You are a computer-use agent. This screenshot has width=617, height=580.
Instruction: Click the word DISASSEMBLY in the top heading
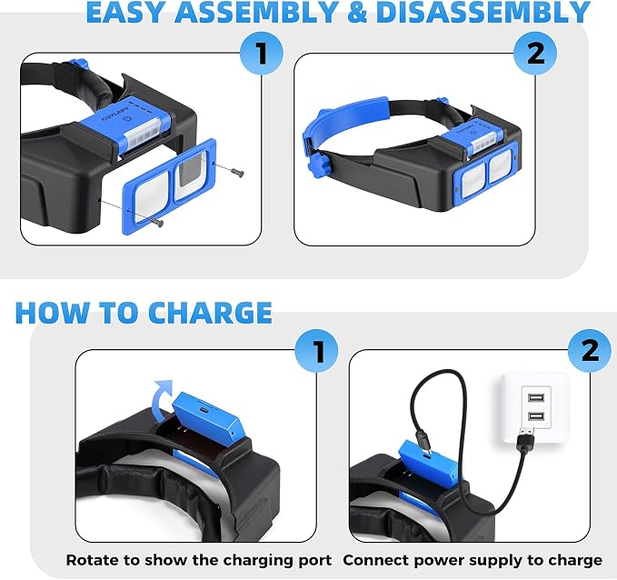(483, 12)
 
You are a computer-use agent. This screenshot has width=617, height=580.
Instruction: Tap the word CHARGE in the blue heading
(210, 313)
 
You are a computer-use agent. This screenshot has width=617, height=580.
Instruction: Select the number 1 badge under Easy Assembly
(262, 54)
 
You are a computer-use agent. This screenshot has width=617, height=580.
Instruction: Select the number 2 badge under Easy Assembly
(535, 54)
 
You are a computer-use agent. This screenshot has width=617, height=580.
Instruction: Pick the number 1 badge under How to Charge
(317, 351)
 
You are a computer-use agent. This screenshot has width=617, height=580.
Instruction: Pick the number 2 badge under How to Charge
(590, 351)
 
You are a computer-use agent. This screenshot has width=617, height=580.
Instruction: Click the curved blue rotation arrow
(162, 394)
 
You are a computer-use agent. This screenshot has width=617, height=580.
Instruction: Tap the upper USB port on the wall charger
(536, 397)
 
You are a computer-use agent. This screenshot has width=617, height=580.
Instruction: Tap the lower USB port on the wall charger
(536, 415)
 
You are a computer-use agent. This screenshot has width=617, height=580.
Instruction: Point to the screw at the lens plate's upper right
(238, 172)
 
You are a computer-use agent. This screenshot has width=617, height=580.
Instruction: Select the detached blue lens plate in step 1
(169, 187)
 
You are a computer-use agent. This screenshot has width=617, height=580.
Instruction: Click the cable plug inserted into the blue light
(423, 442)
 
